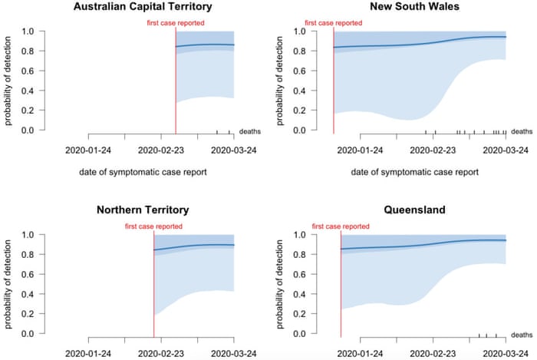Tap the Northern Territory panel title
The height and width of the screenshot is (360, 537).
143,210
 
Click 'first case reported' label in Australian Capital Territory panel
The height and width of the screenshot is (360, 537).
176,23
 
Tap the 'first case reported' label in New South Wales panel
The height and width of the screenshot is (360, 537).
334,23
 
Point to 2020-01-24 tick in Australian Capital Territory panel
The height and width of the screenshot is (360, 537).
89,150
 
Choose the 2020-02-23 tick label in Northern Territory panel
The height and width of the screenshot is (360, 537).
161,353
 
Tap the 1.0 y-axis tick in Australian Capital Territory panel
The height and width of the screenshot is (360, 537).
28,31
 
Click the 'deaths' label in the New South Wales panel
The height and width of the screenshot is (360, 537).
522,131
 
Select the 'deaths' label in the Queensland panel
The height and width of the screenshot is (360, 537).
522,335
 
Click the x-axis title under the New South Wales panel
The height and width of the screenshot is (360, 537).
414,173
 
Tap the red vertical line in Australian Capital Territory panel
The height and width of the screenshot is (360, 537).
176,84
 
